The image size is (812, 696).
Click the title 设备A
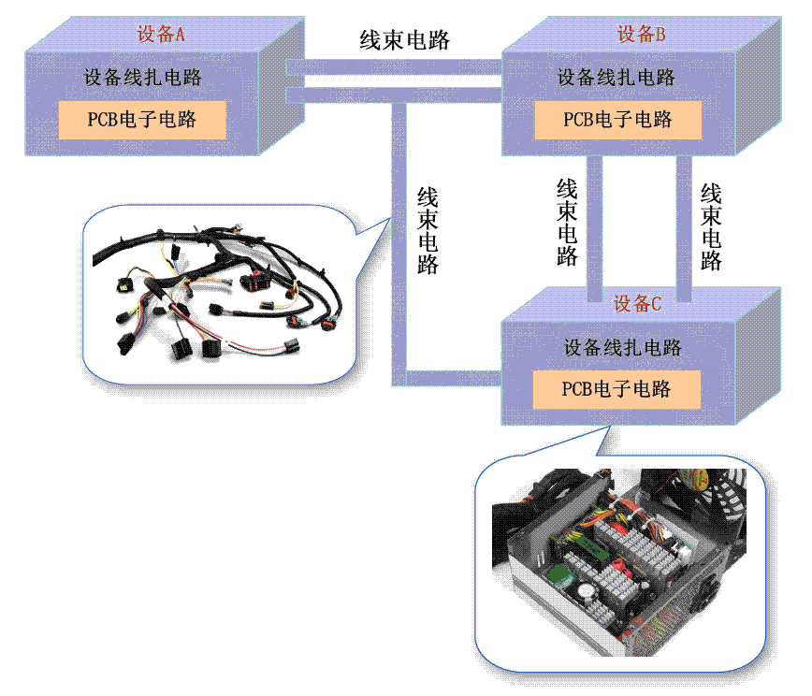[x=161, y=35]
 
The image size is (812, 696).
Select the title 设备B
[x=641, y=35]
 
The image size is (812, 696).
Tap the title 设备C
[x=637, y=303]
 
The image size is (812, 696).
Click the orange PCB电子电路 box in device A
[x=142, y=120]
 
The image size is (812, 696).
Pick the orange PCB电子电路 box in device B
[x=617, y=120]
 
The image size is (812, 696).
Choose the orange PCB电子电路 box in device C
[x=616, y=388]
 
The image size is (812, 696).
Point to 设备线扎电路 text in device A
[x=142, y=78]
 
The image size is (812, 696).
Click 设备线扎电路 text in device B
[x=616, y=78]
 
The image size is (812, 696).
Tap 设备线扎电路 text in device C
[x=622, y=348]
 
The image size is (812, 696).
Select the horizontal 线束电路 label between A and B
[x=405, y=40]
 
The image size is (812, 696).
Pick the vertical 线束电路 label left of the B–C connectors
[x=567, y=223]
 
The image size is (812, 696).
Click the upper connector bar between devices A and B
[x=393, y=66]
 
